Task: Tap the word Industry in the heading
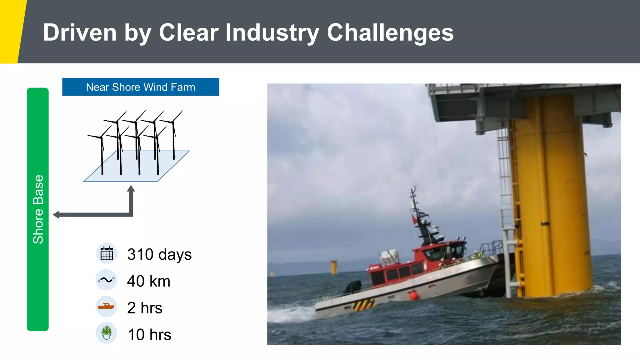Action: pos(272,32)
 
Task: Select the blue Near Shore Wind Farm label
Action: pos(141,87)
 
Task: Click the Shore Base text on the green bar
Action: pos(38,209)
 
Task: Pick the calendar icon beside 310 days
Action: pos(107,253)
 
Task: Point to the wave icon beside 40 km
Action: pos(106,280)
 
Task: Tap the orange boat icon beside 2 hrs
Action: pos(106,306)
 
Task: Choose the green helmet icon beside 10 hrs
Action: pos(107,333)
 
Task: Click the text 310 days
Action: pos(159,254)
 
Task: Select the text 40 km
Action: pos(148,281)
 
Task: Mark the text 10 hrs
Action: pos(149,334)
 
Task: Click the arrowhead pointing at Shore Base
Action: pos(56,215)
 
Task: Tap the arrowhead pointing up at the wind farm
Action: pos(131,188)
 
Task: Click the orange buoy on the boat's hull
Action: pos(414,295)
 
